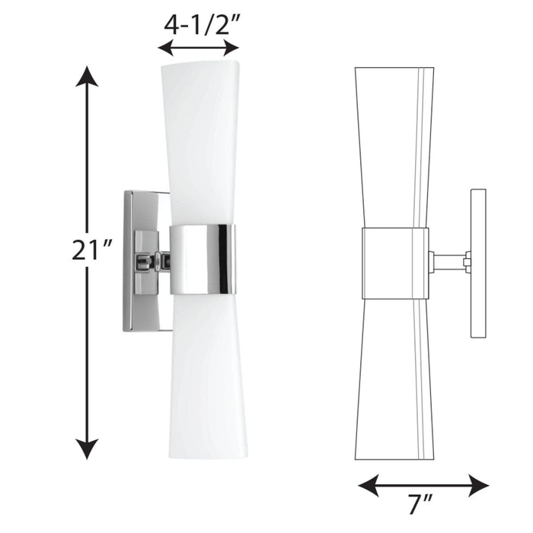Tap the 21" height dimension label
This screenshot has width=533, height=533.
(x=92, y=251)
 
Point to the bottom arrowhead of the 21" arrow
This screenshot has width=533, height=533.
(x=88, y=449)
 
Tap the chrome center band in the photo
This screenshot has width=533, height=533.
(x=203, y=260)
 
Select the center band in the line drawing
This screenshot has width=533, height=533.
(x=394, y=263)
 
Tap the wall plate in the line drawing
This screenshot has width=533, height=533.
(x=478, y=263)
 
